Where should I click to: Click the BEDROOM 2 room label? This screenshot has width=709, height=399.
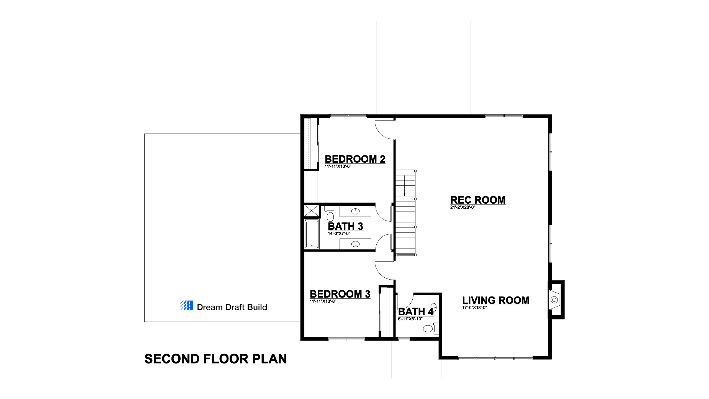pos(355,159)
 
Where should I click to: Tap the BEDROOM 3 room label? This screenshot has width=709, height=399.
pos(340,294)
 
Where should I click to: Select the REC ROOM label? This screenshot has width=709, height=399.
pos(478,200)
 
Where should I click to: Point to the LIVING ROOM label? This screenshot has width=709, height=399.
pos(496,300)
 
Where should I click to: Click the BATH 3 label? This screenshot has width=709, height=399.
pos(346,226)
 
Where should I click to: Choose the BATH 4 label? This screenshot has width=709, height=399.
pos(416,312)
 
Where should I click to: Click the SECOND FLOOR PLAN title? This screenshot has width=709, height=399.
pos(216,359)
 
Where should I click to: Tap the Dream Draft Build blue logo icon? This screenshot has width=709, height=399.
pos(187,305)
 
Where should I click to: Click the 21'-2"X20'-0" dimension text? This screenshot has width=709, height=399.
pos(463,207)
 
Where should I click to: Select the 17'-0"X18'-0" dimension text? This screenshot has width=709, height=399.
pos(475,308)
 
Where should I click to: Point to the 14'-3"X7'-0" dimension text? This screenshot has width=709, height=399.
pos(339,234)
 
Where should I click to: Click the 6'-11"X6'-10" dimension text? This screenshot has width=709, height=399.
pos(410,319)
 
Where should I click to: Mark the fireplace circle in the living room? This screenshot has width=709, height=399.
pos(554,300)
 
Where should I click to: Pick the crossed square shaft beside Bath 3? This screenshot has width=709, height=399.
pos(312,211)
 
